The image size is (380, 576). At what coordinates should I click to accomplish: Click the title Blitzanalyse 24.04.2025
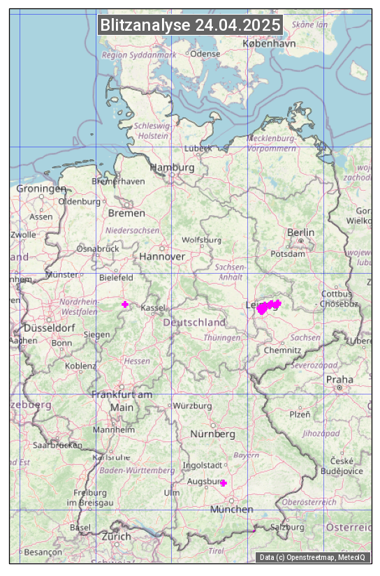pyautogui.click(x=190, y=25)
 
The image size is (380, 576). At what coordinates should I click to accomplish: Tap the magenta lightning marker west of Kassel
pyautogui.click(x=125, y=304)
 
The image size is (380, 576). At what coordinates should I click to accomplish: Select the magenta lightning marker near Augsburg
pyautogui.click(x=224, y=483)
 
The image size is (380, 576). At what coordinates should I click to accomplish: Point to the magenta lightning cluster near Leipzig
pyautogui.click(x=268, y=307)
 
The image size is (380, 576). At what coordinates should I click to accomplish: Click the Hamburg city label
pyautogui.click(x=172, y=168)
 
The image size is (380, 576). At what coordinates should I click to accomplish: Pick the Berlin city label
pyautogui.click(x=300, y=232)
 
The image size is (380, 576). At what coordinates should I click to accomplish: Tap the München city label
pyautogui.click(x=231, y=509)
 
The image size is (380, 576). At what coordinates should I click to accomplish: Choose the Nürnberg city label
pyautogui.click(x=213, y=434)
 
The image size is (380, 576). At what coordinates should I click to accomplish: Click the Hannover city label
pyautogui.click(x=162, y=257)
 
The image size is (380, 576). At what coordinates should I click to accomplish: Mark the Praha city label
pyautogui.click(x=339, y=380)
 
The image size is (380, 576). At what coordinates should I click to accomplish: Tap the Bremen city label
pyautogui.click(x=126, y=213)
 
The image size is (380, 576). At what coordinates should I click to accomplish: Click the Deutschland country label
pyautogui.click(x=194, y=323)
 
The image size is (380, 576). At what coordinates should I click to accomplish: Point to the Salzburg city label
pyautogui.click(x=287, y=527)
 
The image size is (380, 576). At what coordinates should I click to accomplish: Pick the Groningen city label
pyautogui.click(x=41, y=189)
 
